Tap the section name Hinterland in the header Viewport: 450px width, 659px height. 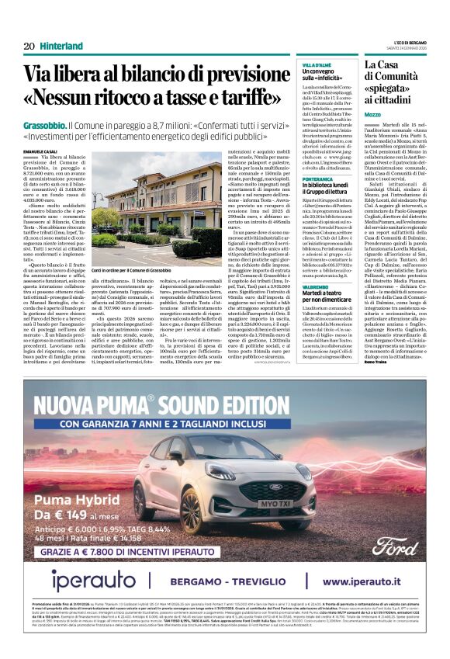tap(61, 46)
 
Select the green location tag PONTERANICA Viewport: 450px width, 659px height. tap(319, 179)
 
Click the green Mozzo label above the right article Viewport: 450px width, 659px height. tap(373, 114)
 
